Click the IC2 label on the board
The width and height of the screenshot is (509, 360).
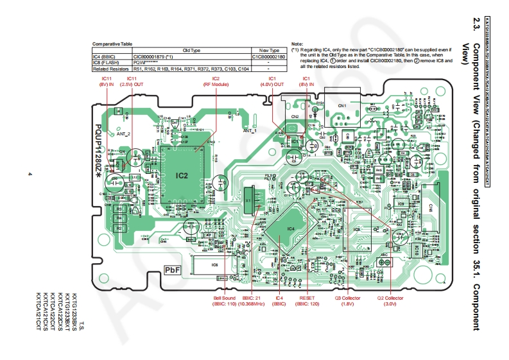pos(182,175)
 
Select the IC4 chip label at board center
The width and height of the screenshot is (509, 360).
pos(290,228)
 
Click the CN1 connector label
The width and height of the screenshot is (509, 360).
pos(342,105)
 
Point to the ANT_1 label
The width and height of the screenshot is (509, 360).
pos(250,130)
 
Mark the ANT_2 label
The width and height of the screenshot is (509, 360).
pos(124,134)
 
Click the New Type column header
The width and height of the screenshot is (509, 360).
pos(269,49)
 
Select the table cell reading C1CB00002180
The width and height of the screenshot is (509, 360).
pos(269,56)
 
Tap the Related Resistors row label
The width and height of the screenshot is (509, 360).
pos(112,68)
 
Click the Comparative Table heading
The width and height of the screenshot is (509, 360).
pos(112,43)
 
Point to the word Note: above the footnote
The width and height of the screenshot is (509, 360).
pos(297,43)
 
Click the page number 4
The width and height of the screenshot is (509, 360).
pos(30,175)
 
